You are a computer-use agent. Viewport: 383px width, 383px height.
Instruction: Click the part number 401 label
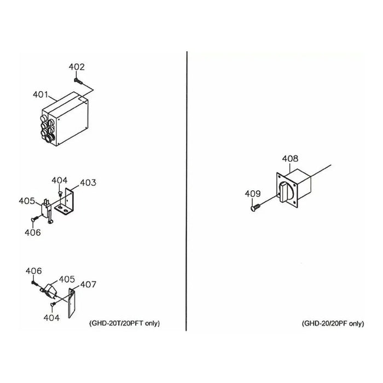click(x=40, y=94)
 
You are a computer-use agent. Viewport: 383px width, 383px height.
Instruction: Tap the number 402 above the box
click(x=77, y=67)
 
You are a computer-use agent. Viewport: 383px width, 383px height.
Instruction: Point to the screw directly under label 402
click(x=78, y=81)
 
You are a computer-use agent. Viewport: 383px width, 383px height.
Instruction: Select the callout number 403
click(x=88, y=182)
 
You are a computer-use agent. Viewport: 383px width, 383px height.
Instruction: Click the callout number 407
click(x=88, y=285)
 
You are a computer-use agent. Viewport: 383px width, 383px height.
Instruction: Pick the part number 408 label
click(x=290, y=159)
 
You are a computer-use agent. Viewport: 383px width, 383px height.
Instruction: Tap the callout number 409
click(x=253, y=194)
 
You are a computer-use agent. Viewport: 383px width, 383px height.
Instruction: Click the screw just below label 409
click(x=256, y=208)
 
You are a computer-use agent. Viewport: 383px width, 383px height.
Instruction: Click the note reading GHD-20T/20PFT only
click(x=125, y=323)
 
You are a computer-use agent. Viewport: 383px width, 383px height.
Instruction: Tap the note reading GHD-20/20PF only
click(x=333, y=323)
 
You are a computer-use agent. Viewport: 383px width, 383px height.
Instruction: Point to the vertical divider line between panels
click(x=187, y=191)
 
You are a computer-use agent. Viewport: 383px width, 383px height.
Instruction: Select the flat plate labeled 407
click(x=72, y=303)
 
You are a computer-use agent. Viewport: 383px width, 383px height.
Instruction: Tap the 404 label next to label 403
click(x=59, y=181)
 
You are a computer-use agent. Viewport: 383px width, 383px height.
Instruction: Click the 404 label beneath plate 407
click(x=51, y=318)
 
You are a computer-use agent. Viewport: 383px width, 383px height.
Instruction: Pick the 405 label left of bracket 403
click(x=27, y=201)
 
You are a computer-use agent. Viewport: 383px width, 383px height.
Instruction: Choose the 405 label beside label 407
click(x=67, y=279)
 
